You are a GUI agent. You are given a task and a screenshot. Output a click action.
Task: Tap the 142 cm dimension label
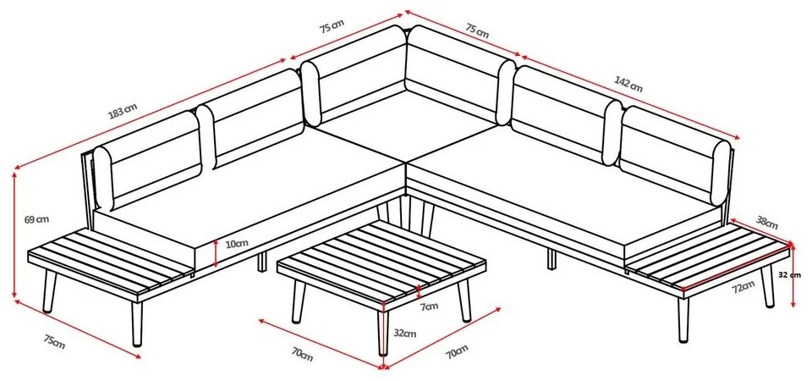(630, 85)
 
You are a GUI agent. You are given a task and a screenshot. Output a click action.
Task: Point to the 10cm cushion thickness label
(237, 244)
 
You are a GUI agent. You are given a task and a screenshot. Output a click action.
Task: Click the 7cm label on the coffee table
(429, 305)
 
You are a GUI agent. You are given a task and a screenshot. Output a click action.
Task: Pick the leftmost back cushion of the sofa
(145, 161)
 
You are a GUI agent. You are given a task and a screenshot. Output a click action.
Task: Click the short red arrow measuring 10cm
(217, 253)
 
